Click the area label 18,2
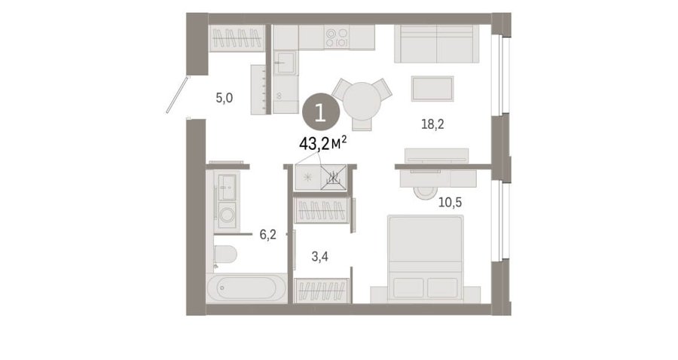432,124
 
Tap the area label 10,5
450,202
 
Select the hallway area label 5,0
224,98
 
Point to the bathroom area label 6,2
267,235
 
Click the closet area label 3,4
320,257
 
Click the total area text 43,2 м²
323,143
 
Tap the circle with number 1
320,112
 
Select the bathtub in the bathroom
246,288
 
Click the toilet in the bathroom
224,255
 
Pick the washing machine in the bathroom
227,215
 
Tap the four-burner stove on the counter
337,38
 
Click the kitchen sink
285,63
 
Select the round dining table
362,101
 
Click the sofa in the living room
437,44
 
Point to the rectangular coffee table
432,89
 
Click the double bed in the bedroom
426,258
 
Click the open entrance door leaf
178,95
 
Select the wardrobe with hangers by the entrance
237,38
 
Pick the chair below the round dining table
362,124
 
